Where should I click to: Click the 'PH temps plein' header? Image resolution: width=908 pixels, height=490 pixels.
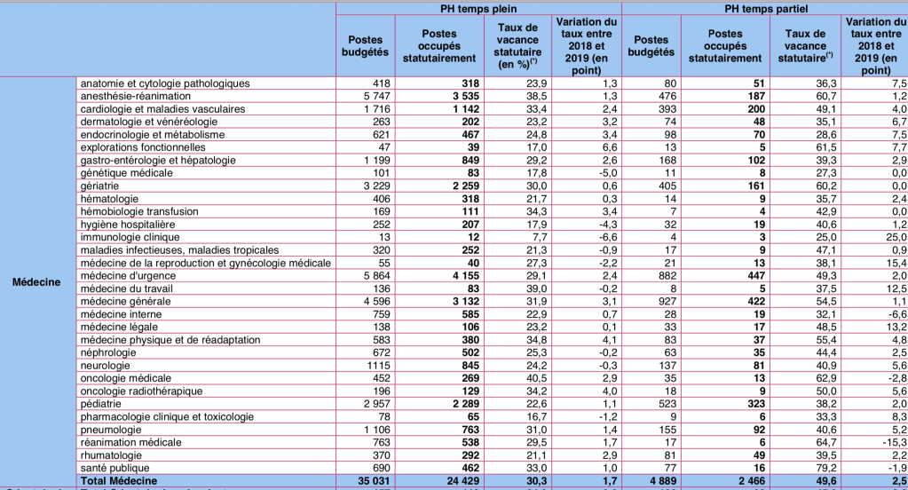click(x=478, y=8)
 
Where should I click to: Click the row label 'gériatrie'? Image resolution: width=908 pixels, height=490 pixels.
click(x=99, y=186)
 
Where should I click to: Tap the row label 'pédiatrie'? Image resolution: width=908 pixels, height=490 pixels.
click(x=100, y=403)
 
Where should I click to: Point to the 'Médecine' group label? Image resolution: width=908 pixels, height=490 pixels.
click(x=36, y=281)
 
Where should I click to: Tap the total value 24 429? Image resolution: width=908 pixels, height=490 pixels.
click(x=449, y=480)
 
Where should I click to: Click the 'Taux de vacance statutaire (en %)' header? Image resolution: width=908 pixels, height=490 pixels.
click(x=516, y=45)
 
